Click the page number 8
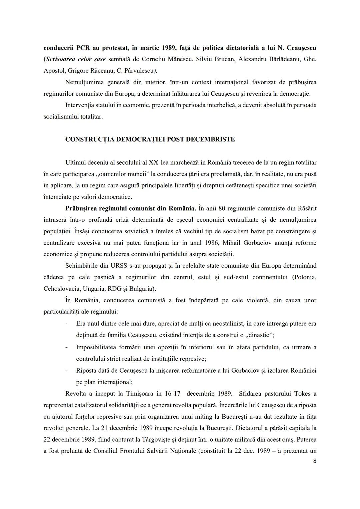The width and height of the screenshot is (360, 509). tap(315, 461)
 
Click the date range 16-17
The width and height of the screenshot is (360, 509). tap(172, 393)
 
